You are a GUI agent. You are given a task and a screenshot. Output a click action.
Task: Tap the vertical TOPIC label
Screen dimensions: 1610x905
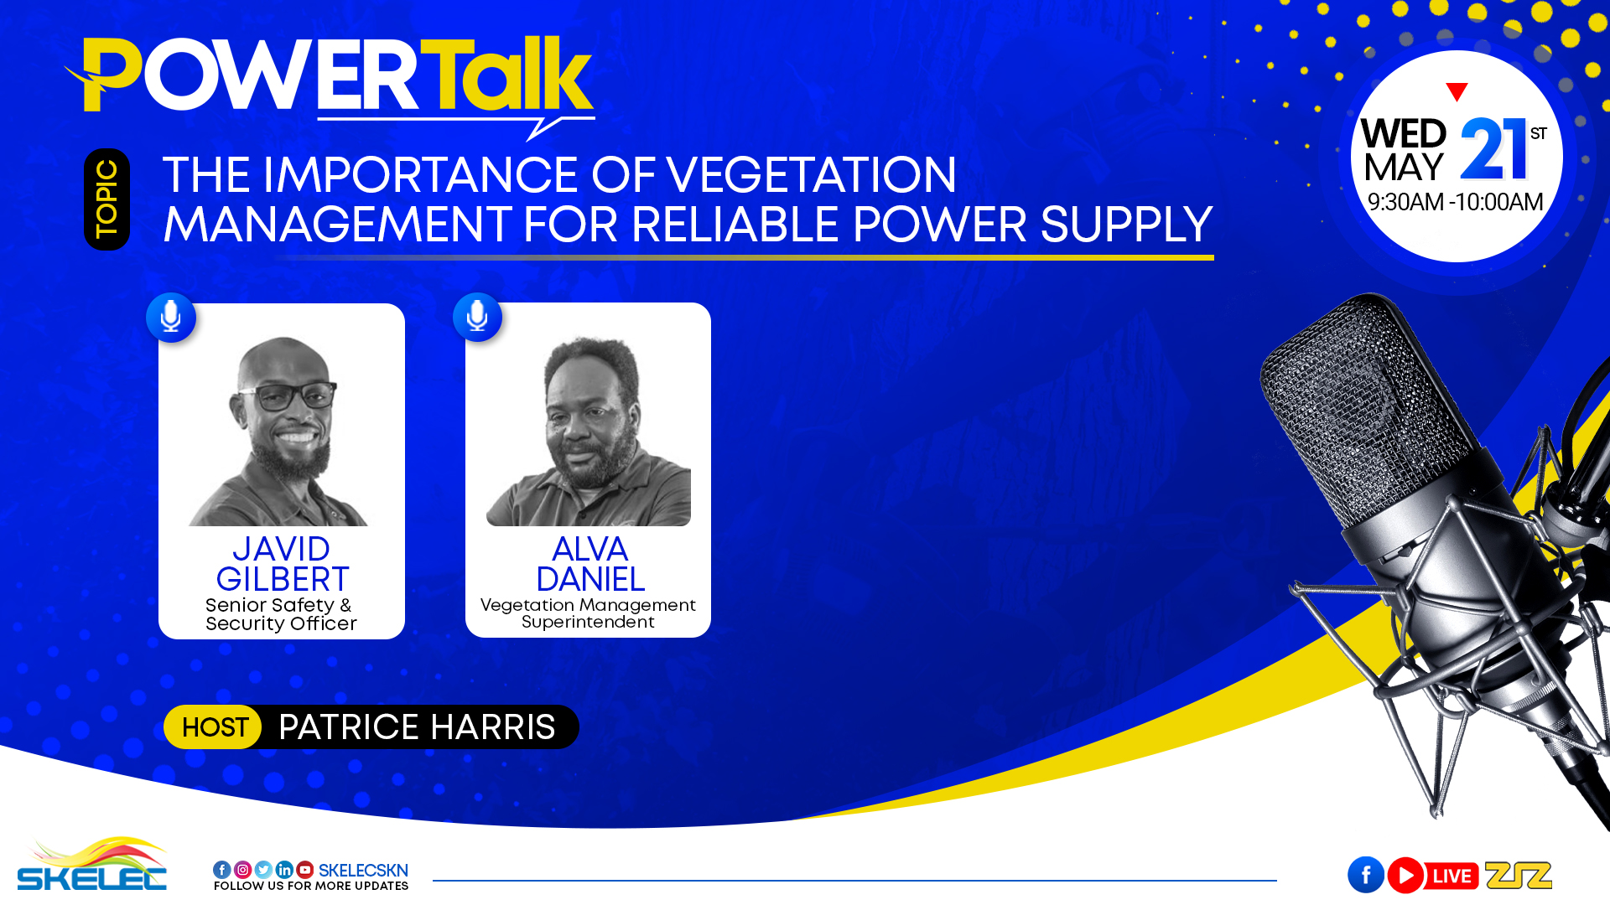pos(106,199)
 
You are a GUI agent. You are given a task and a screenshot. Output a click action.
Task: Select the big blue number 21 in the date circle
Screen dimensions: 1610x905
pos(1493,149)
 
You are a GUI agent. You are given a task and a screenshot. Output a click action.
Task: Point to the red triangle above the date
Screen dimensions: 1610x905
pos(1457,91)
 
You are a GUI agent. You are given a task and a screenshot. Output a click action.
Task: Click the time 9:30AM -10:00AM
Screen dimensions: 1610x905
pos(1455,202)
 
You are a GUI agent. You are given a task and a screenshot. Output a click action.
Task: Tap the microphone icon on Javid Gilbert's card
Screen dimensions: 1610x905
pos(171,318)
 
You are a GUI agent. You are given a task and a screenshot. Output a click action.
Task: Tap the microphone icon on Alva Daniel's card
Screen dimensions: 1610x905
pos(478,318)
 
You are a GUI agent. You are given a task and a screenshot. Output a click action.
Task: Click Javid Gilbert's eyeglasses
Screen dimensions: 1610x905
pos(288,396)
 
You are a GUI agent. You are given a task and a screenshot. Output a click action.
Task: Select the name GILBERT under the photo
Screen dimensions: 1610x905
pos(283,579)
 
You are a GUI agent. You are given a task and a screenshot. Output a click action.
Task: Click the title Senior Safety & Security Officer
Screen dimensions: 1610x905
pos(281,614)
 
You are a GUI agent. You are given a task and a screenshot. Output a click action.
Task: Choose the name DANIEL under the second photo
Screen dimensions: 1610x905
pos(590,579)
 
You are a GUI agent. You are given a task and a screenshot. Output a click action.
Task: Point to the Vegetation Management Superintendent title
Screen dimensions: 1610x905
pos(588,613)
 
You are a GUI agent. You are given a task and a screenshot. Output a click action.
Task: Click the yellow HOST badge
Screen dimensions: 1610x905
pos(214,727)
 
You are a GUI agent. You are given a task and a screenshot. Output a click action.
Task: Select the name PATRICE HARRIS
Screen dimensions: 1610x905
pos(417,727)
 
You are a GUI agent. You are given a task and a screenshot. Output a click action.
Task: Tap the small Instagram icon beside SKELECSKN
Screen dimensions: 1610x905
pos(242,870)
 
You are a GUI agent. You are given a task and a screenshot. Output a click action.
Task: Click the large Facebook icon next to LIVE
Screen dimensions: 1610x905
pos(1366,876)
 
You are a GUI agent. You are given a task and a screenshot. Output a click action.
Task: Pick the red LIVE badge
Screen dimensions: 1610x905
pos(1452,877)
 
